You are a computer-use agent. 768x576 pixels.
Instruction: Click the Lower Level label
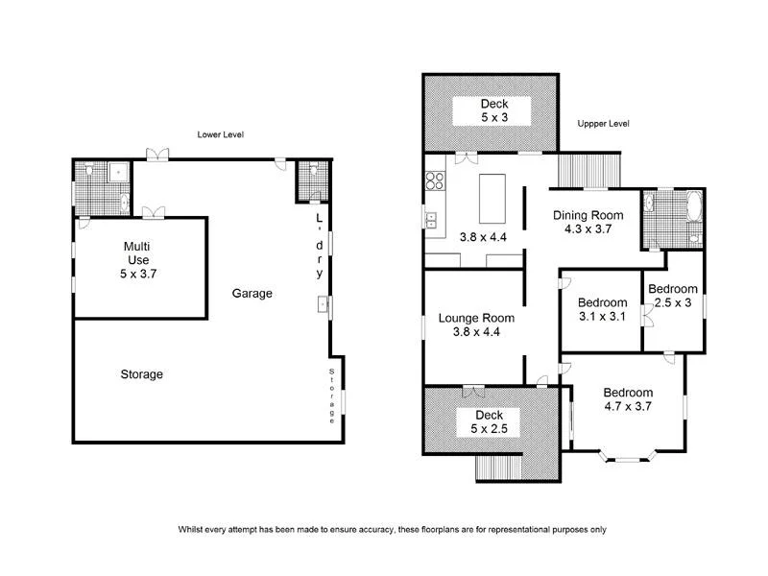(220, 134)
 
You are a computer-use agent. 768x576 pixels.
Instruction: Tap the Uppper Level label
(603, 124)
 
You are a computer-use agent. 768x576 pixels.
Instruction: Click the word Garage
(252, 294)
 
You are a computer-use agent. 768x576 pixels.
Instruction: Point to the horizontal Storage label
(141, 374)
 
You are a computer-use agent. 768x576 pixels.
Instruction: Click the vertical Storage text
(332, 396)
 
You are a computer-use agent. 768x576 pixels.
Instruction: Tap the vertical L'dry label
(320, 246)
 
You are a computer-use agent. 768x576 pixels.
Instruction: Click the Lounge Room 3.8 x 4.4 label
(476, 324)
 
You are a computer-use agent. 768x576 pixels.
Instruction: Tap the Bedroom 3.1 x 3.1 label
(603, 309)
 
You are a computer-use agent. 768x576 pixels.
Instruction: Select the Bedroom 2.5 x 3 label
(672, 296)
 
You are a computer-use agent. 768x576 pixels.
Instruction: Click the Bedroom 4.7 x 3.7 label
(628, 399)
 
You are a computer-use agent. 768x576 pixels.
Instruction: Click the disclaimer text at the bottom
(392, 529)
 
